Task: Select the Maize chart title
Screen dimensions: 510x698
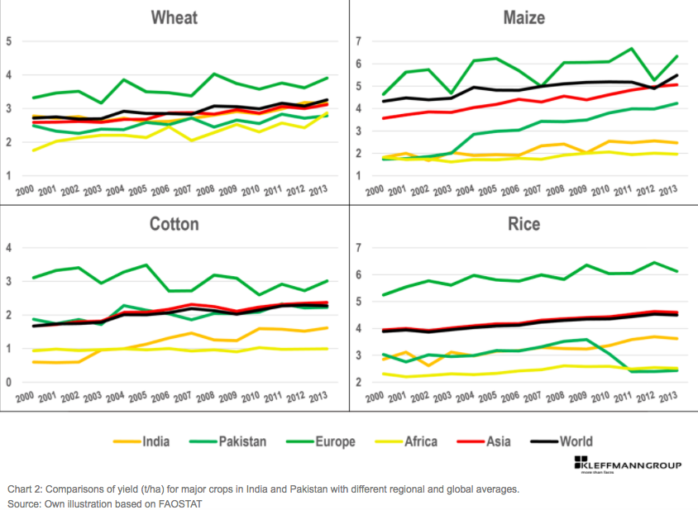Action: [525, 18]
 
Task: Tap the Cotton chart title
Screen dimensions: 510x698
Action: [174, 224]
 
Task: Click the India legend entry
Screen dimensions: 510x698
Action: [155, 441]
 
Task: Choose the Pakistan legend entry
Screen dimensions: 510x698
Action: [241, 441]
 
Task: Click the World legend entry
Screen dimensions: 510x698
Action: [576, 441]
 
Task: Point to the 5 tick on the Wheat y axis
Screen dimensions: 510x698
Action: [9, 41]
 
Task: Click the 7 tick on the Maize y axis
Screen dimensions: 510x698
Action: [359, 41]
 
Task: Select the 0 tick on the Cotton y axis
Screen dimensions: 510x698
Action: [9, 383]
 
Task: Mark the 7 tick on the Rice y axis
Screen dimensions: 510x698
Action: [359, 248]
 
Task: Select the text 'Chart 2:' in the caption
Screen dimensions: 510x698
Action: [26, 489]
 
